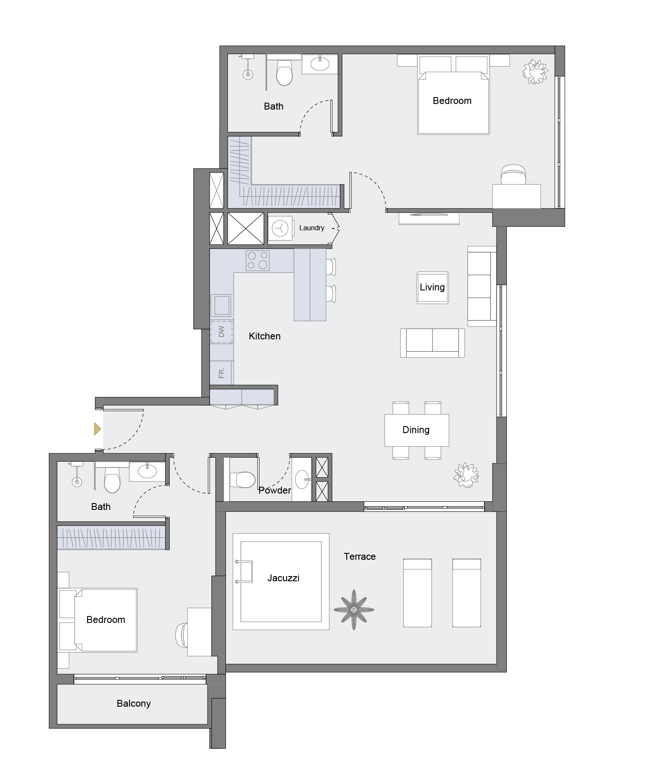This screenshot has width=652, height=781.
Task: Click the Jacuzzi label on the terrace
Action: pyautogui.click(x=283, y=578)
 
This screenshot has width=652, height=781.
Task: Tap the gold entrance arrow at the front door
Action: pyautogui.click(x=97, y=429)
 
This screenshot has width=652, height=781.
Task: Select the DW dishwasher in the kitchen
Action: pyautogui.click(x=222, y=332)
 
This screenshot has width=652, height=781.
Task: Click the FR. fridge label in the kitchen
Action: pyautogui.click(x=222, y=373)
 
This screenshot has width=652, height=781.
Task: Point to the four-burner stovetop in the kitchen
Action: pyautogui.click(x=258, y=261)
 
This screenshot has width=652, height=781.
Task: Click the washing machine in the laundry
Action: pyautogui.click(x=280, y=228)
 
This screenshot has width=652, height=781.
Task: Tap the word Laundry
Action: pyautogui.click(x=312, y=228)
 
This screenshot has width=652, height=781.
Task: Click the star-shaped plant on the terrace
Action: pyautogui.click(x=354, y=610)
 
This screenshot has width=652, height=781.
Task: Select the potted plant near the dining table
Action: pyautogui.click(x=466, y=475)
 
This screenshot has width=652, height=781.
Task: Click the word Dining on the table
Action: pyautogui.click(x=416, y=430)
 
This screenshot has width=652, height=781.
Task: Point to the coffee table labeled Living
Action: pyautogui.click(x=432, y=287)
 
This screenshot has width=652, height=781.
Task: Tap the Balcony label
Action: pyautogui.click(x=134, y=704)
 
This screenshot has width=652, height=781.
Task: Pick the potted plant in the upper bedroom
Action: pyautogui.click(x=535, y=71)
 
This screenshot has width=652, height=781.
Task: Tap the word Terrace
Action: pyautogui.click(x=360, y=557)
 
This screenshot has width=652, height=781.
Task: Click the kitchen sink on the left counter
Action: pyautogui.click(x=221, y=305)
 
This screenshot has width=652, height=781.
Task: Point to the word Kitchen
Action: pyautogui.click(x=265, y=336)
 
